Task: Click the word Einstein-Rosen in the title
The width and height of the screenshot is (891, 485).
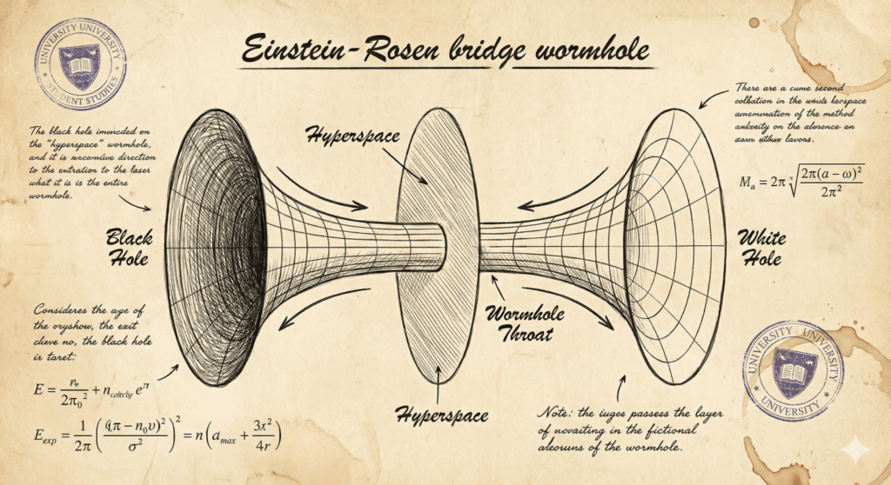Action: pos(330,50)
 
